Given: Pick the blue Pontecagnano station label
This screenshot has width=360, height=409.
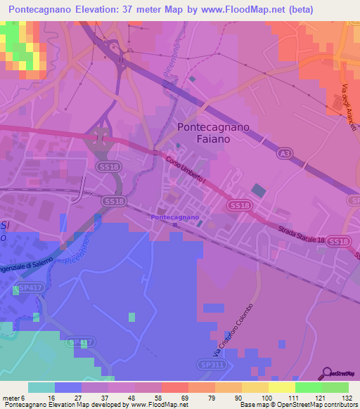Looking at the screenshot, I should [x=175, y=218].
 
